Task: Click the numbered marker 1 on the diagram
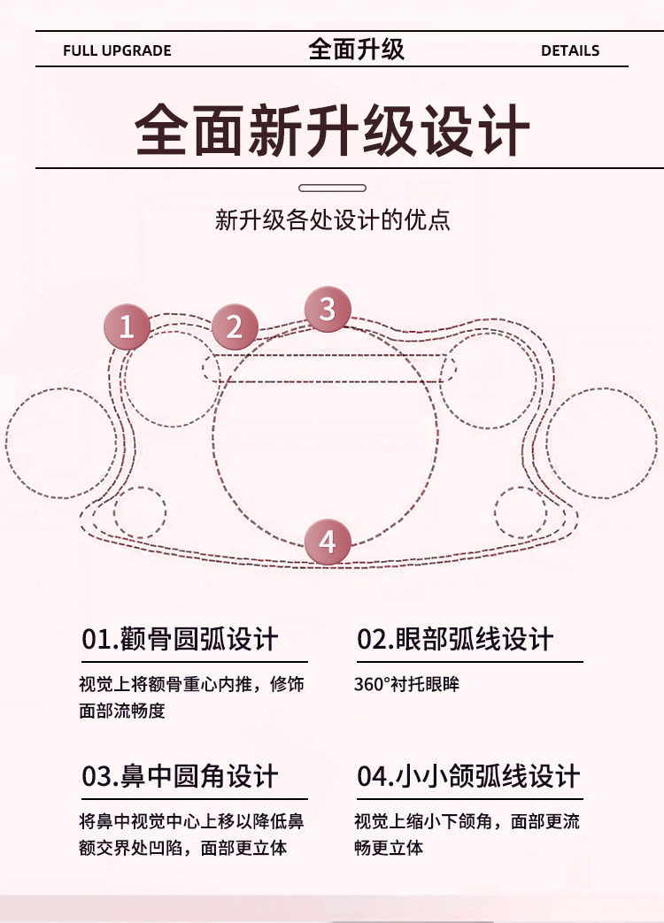point(127,327)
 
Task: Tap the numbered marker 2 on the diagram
point(235,327)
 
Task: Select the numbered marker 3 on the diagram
point(328,309)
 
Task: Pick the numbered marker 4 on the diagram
point(328,542)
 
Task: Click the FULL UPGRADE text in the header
point(117,50)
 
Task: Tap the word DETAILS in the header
point(570,50)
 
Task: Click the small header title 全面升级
point(357,49)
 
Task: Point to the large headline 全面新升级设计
point(333,130)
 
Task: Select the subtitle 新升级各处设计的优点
point(333,220)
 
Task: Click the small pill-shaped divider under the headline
point(333,188)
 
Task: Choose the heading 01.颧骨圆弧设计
point(180,639)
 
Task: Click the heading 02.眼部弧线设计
point(455,639)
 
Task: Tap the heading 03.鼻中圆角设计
point(180,776)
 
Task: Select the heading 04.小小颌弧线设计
point(468,776)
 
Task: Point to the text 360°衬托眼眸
point(406,684)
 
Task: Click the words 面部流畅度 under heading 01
point(122,711)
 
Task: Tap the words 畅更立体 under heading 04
point(389,848)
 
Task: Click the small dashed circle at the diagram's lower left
point(140,512)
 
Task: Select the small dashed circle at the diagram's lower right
point(521,512)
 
